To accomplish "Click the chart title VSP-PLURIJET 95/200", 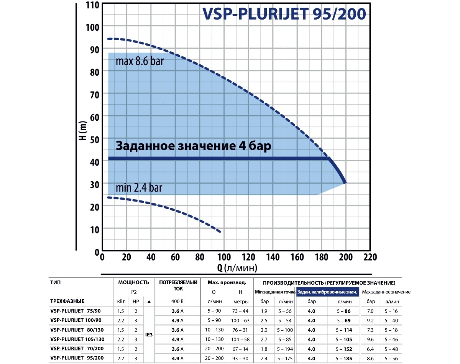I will [283, 14].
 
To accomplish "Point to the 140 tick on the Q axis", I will [273, 256].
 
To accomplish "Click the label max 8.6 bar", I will [140, 61].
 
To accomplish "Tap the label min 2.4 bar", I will [139, 188].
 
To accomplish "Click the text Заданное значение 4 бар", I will [193, 146].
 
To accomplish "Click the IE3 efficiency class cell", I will [149, 334].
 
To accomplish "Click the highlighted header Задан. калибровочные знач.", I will [327, 292].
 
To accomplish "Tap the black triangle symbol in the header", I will [149, 302].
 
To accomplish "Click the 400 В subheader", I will [177, 302].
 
